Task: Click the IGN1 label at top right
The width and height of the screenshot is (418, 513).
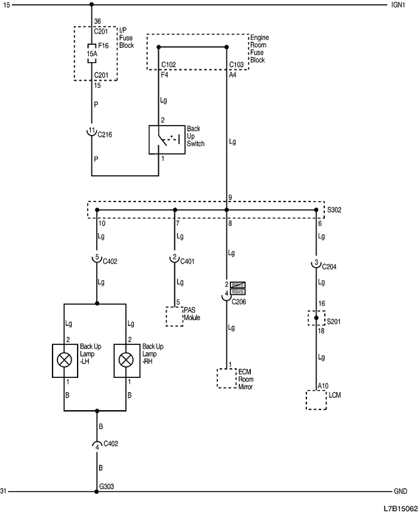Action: click(x=398, y=5)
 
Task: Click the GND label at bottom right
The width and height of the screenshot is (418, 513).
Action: click(x=400, y=491)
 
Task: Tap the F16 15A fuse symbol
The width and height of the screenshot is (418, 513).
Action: click(x=91, y=53)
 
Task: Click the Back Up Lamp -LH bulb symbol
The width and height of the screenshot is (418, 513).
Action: click(x=64, y=360)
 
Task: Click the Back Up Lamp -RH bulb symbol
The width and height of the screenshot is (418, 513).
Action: click(x=126, y=360)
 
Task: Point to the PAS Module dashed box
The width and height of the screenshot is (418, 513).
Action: click(x=174, y=316)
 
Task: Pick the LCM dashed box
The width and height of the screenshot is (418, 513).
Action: click(x=315, y=400)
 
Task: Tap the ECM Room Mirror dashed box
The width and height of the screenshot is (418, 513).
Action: click(x=226, y=378)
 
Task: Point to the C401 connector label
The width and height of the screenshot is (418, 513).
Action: click(x=188, y=261)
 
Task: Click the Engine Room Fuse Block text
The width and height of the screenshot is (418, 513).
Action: click(x=259, y=49)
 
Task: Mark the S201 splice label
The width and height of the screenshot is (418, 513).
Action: click(x=335, y=320)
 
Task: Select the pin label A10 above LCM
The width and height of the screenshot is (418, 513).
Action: click(x=323, y=386)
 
